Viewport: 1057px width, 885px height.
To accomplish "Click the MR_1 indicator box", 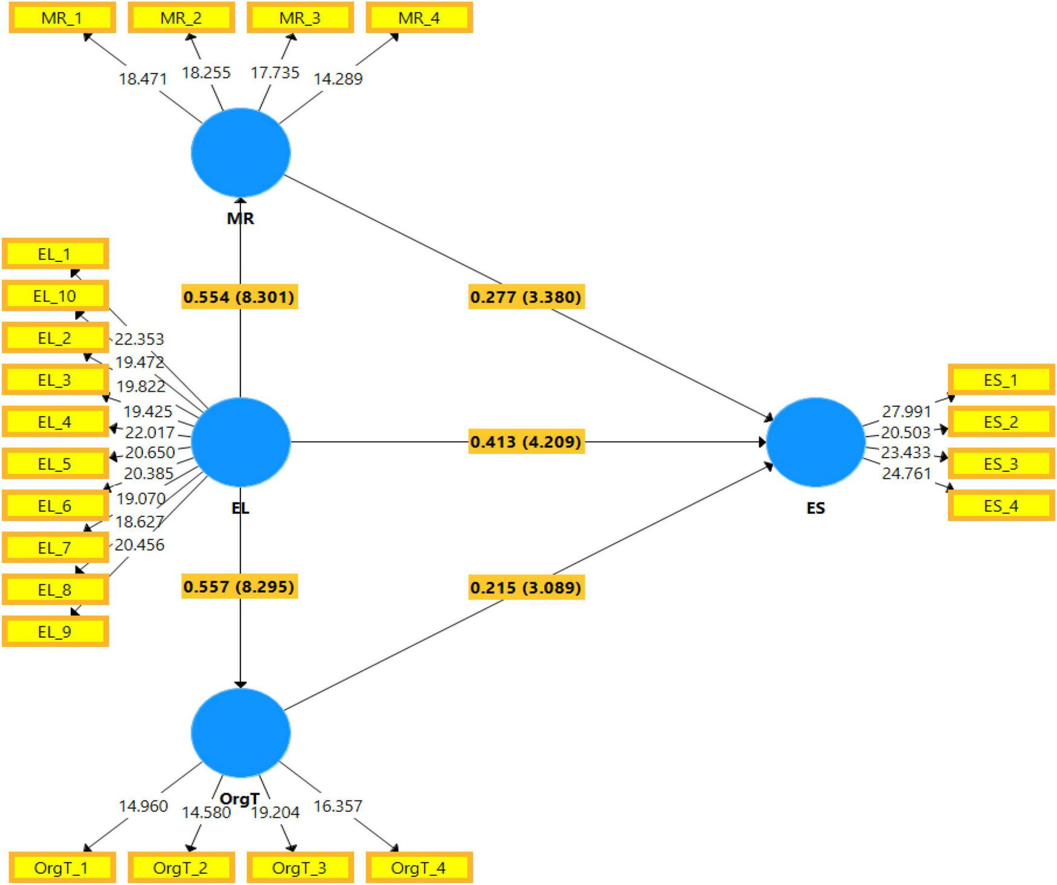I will (x=62, y=18).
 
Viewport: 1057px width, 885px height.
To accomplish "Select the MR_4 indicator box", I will (x=419, y=18).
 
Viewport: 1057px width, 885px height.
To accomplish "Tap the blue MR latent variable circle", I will (x=240, y=153).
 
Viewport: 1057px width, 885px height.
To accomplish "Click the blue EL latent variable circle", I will (x=240, y=442).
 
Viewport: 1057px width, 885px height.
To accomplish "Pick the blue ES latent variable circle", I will (x=815, y=442).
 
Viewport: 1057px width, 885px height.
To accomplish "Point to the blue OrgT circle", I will (x=240, y=732).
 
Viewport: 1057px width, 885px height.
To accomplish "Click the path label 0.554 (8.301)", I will (x=239, y=297).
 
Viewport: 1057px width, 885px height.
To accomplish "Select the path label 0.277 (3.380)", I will (x=526, y=297).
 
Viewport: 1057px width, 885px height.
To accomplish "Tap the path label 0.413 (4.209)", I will (x=526, y=442).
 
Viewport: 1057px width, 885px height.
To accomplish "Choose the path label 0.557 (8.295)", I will (x=239, y=587).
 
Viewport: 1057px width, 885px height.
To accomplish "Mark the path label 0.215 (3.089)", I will (x=526, y=587).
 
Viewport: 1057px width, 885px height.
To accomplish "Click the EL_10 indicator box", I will (x=55, y=296).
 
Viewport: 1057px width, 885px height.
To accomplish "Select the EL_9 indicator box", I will (x=55, y=631).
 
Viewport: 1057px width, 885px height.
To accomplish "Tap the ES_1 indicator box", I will (x=1001, y=380).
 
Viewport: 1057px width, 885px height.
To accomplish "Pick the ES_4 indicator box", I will (x=1001, y=505).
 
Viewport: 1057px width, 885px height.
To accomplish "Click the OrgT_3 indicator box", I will (x=300, y=868).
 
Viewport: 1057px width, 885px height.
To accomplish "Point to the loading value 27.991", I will (x=907, y=411).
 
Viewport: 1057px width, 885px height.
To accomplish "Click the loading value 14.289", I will (x=338, y=78).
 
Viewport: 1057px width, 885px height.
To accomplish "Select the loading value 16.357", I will (x=338, y=806).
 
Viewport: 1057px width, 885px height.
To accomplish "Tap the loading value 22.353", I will (x=140, y=339).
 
